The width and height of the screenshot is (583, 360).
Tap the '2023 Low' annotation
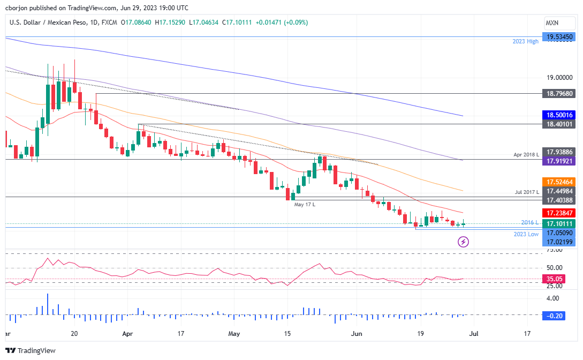[x=525, y=234]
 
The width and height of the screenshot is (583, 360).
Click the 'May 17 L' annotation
[x=305, y=204]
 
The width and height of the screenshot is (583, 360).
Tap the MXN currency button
[x=552, y=23]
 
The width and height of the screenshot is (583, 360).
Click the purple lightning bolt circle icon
[x=464, y=242]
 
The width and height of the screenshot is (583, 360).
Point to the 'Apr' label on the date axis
[x=127, y=334]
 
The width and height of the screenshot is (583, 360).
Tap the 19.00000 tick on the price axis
[x=560, y=78]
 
